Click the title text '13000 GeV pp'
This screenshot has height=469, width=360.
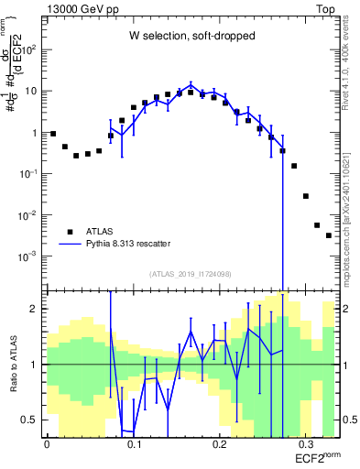[x=81, y=7]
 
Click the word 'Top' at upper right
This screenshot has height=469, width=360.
[x=325, y=7]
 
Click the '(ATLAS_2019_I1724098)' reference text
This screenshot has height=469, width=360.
[x=190, y=274]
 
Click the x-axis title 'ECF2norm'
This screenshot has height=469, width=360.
[x=317, y=455]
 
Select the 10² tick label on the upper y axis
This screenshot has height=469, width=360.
[x=31, y=49]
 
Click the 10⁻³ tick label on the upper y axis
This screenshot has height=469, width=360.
[x=30, y=256]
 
